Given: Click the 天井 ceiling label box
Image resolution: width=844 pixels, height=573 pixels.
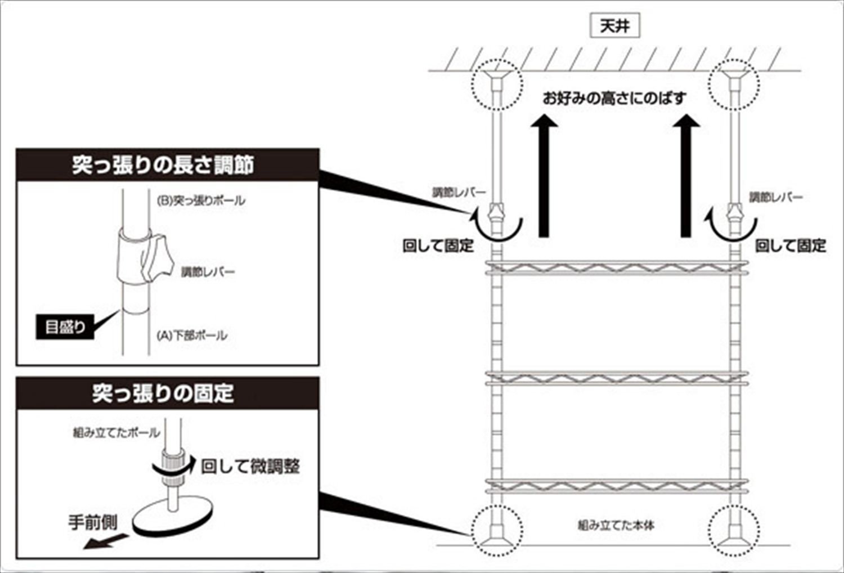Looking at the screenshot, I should [x=614, y=26].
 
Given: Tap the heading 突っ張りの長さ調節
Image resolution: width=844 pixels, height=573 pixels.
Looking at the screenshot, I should [x=163, y=165].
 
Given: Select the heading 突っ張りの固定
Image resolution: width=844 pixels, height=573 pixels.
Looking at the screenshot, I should [x=163, y=393].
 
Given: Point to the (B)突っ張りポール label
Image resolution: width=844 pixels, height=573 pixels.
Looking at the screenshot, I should [x=201, y=200].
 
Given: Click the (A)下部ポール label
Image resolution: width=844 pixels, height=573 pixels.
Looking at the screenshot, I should [x=192, y=335].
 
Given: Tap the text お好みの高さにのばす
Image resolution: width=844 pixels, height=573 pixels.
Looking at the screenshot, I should [x=614, y=98].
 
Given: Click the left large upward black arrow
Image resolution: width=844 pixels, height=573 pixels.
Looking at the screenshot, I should [x=544, y=174].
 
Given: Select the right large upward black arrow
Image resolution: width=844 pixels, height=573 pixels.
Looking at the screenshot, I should [x=686, y=174].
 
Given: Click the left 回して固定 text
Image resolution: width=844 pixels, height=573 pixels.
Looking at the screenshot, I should [x=438, y=245].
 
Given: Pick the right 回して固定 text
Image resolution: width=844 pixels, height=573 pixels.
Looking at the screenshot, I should [x=790, y=245].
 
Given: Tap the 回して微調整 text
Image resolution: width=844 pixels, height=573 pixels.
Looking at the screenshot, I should [x=250, y=466].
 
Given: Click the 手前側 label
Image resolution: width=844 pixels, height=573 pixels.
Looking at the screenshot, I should [x=93, y=522].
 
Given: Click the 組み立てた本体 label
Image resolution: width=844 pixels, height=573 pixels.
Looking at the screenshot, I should [x=616, y=525].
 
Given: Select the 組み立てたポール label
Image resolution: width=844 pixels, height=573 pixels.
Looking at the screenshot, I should [x=116, y=432].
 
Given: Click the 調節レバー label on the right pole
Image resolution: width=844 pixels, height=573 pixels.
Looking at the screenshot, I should [x=775, y=197].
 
